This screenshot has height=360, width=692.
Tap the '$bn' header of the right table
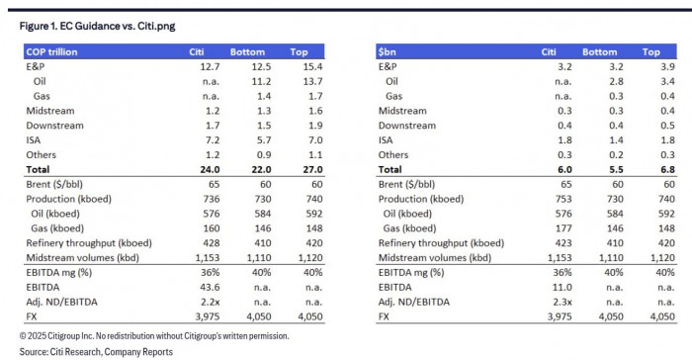pyautogui.click(x=388, y=51)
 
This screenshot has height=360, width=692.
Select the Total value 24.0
pyautogui.click(x=196, y=170)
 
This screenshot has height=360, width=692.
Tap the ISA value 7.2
pyautogui.click(x=196, y=140)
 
